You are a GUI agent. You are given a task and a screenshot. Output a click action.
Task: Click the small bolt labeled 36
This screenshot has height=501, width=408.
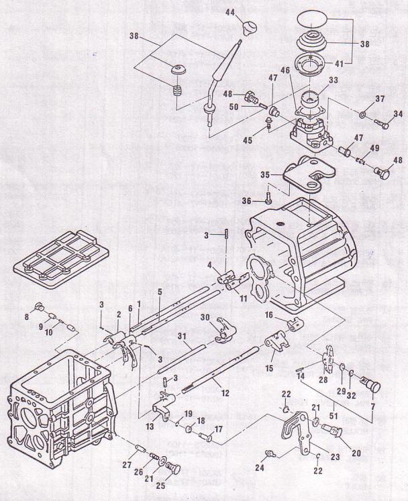click(x=269, y=198)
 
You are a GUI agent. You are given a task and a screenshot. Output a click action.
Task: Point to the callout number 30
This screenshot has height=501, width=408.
click(x=205, y=317)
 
